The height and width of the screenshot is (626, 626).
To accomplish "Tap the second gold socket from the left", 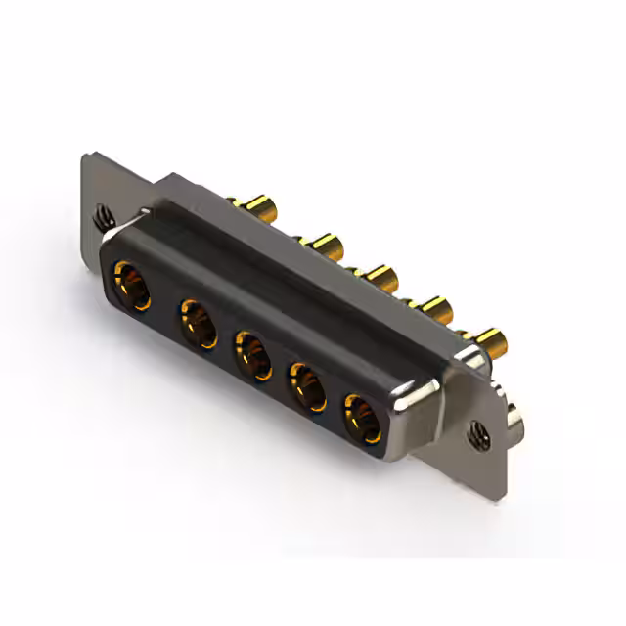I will click(x=198, y=322).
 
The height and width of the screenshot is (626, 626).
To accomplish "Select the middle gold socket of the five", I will click(x=253, y=355).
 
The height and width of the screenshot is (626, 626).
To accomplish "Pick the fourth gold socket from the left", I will click(x=307, y=384).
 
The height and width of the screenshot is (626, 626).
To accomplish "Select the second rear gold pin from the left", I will click(x=322, y=244).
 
